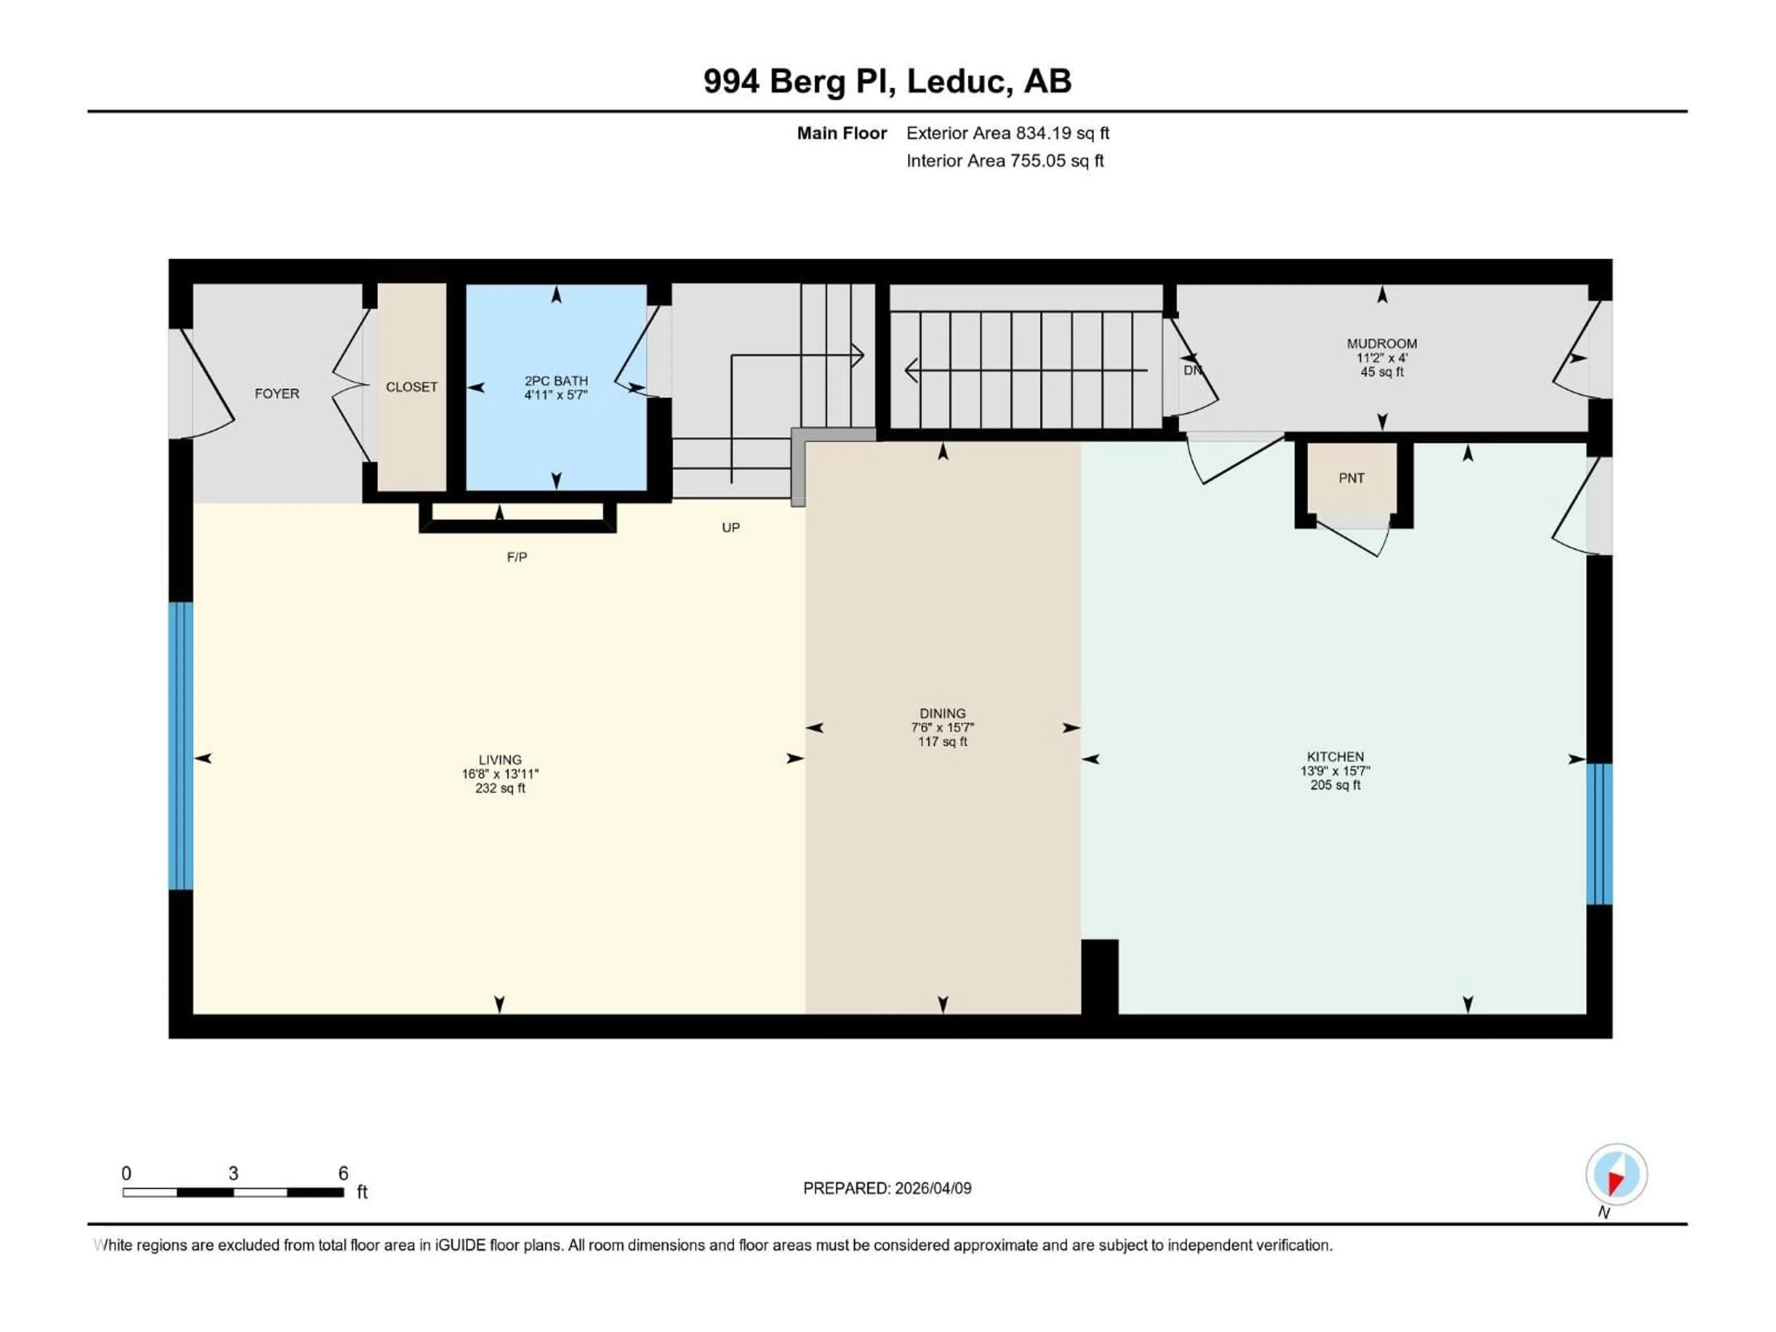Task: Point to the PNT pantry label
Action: coord(1351,478)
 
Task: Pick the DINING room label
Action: coord(943,713)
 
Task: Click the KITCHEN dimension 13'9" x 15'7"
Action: coord(1335,771)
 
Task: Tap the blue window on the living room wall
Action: coord(181,746)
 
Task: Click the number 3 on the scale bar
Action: coord(233,1173)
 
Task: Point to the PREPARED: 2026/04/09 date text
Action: coord(887,1188)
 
